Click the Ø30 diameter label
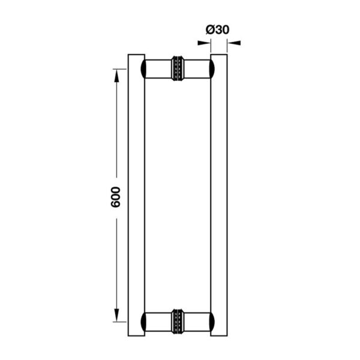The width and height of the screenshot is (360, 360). pyautogui.click(x=217, y=30)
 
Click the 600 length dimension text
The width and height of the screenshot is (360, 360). pyautogui.click(x=115, y=197)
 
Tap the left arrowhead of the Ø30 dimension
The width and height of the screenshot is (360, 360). pyautogui.click(x=204, y=43)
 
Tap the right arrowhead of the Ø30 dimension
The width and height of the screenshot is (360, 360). pyautogui.click(x=234, y=43)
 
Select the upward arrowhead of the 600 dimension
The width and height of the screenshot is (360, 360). pyautogui.click(x=116, y=76)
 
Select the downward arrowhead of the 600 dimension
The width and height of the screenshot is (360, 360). pyautogui.click(x=116, y=315)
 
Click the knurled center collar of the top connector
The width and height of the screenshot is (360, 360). pyautogui.click(x=178, y=68)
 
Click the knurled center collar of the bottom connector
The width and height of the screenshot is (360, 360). pyautogui.click(x=178, y=322)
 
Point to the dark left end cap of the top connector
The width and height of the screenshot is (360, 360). pyautogui.click(x=143, y=69)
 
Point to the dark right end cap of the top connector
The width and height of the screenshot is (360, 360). pyautogui.click(x=212, y=69)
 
